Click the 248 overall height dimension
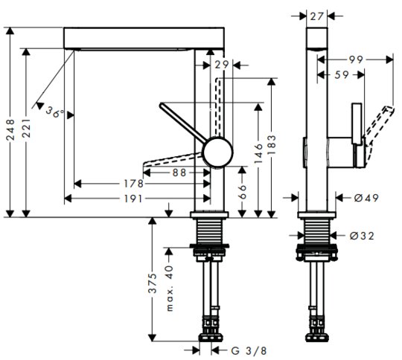(10, 130)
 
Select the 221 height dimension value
(26, 128)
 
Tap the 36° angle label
(55, 112)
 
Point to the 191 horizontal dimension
(133, 199)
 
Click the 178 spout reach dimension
(133, 184)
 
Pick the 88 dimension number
(179, 173)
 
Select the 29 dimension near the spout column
(222, 65)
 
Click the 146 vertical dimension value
(258, 153)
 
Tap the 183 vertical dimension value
(272, 145)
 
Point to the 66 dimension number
(242, 192)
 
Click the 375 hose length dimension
(153, 283)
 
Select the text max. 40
(170, 289)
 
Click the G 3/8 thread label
(249, 351)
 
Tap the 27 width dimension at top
(317, 16)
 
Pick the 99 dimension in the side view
(356, 60)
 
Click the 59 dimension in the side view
(342, 75)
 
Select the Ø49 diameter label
(366, 198)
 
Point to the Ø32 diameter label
(362, 236)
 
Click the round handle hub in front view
(217, 152)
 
